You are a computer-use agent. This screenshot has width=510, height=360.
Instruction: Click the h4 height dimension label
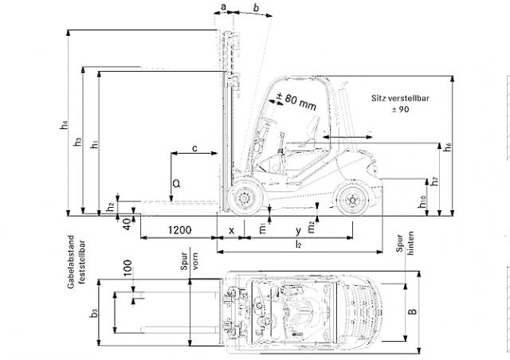64,125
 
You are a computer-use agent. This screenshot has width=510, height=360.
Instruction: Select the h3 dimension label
77,142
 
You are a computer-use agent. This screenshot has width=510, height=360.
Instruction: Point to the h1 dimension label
95,143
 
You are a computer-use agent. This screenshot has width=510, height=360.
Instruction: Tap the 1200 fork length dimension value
179,230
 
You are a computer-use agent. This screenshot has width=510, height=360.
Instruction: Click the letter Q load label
176,184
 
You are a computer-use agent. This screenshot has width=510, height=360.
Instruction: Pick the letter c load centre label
194,148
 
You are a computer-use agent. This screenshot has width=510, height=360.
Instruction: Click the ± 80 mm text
296,101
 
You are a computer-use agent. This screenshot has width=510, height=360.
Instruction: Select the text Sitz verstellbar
400,98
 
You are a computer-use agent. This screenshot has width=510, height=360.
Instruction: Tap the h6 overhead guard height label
448,147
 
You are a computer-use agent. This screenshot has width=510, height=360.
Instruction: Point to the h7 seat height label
434,182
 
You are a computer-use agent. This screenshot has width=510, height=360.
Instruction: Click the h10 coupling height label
422,202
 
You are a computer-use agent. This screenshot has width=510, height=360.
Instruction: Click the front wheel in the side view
245,198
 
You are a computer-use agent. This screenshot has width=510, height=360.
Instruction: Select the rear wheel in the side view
352,200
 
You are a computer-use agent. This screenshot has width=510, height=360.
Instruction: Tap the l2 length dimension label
298,244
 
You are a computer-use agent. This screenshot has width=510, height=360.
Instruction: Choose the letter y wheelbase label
298,230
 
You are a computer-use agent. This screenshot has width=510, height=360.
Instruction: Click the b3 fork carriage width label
94,313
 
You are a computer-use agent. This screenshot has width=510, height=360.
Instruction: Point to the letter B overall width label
413,311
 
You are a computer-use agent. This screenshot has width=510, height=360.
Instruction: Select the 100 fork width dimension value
127,268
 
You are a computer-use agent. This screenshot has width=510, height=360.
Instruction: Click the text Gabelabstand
71,262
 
